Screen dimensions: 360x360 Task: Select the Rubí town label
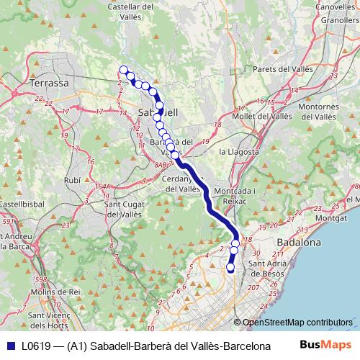coord(72,180)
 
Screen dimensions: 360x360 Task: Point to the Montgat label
coord(330,217)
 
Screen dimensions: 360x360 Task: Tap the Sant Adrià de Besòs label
coord(267,269)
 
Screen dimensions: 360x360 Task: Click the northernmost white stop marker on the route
coord(123,70)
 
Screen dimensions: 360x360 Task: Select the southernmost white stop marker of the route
coord(231,268)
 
